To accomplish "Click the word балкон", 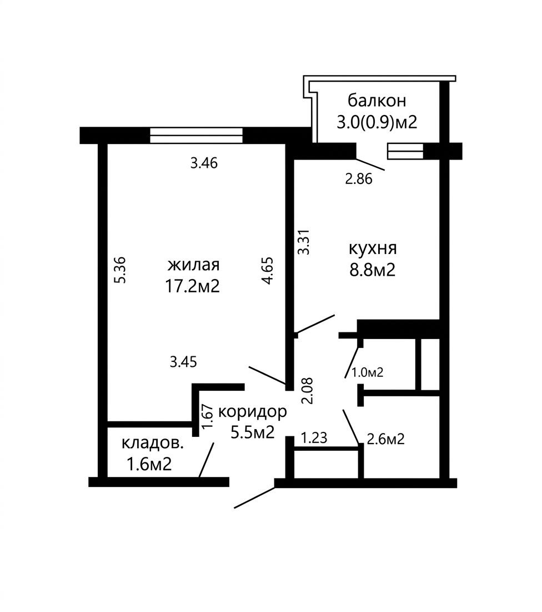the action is coord(377,100).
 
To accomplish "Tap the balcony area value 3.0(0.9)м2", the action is coord(377,122).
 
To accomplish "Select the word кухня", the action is coord(373,248).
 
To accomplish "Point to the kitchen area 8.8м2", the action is coord(373,270).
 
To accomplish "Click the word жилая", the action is coord(193,265).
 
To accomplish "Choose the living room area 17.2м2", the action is coord(192,286).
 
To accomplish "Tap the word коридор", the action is coord(253,411).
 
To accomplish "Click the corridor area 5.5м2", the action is coord(253,432).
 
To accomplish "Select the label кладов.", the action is coord(153,443).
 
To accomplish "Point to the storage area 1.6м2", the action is coord(149,465).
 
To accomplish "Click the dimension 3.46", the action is coord(204,163).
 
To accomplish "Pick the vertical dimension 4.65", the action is coord(268,271).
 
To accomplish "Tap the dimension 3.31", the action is coord(303,242).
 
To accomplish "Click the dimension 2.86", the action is coord(359,179).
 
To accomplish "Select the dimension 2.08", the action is coord(308,391).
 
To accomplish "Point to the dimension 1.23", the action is coord(314,437).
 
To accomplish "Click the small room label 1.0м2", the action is coord(368,372).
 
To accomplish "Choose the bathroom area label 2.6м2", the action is coord(385,439).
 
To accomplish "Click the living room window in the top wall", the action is coord(196,136).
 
